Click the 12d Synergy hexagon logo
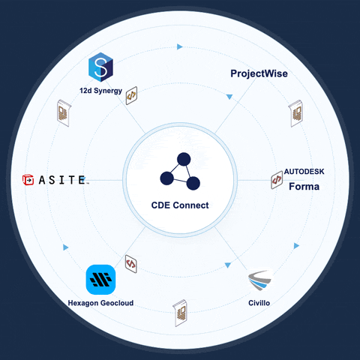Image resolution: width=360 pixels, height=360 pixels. click(x=100, y=67)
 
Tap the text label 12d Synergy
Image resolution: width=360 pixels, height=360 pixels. click(x=100, y=91)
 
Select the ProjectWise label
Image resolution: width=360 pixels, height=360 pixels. click(x=259, y=73)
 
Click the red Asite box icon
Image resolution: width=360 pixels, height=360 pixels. click(x=28, y=180)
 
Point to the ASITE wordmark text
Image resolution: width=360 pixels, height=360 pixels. click(x=62, y=180)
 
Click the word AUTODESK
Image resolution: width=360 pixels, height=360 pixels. click(x=304, y=172)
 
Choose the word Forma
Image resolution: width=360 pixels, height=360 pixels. click(x=304, y=187)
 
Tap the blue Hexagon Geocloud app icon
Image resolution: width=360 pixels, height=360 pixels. click(x=100, y=280)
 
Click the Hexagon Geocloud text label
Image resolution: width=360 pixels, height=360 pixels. click(x=100, y=303)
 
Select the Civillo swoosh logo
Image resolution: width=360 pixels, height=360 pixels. click(x=260, y=280)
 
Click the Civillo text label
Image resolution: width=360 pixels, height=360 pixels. click(x=259, y=303)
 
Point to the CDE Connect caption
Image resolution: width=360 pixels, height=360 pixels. click(x=180, y=205)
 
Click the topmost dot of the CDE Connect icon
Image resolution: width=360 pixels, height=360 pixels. click(x=184, y=159)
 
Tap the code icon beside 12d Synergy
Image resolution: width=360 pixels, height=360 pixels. click(x=131, y=95)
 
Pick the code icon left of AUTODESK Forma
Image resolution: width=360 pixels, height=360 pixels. click(x=277, y=180)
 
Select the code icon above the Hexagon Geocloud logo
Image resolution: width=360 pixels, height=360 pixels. click(x=131, y=264)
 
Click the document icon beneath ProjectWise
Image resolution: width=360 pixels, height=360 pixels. click(x=295, y=113)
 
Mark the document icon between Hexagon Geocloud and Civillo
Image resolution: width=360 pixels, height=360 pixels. click(x=180, y=313)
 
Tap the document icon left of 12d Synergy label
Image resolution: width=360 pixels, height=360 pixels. click(x=64, y=113)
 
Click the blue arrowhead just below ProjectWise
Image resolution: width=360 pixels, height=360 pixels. click(x=229, y=97)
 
